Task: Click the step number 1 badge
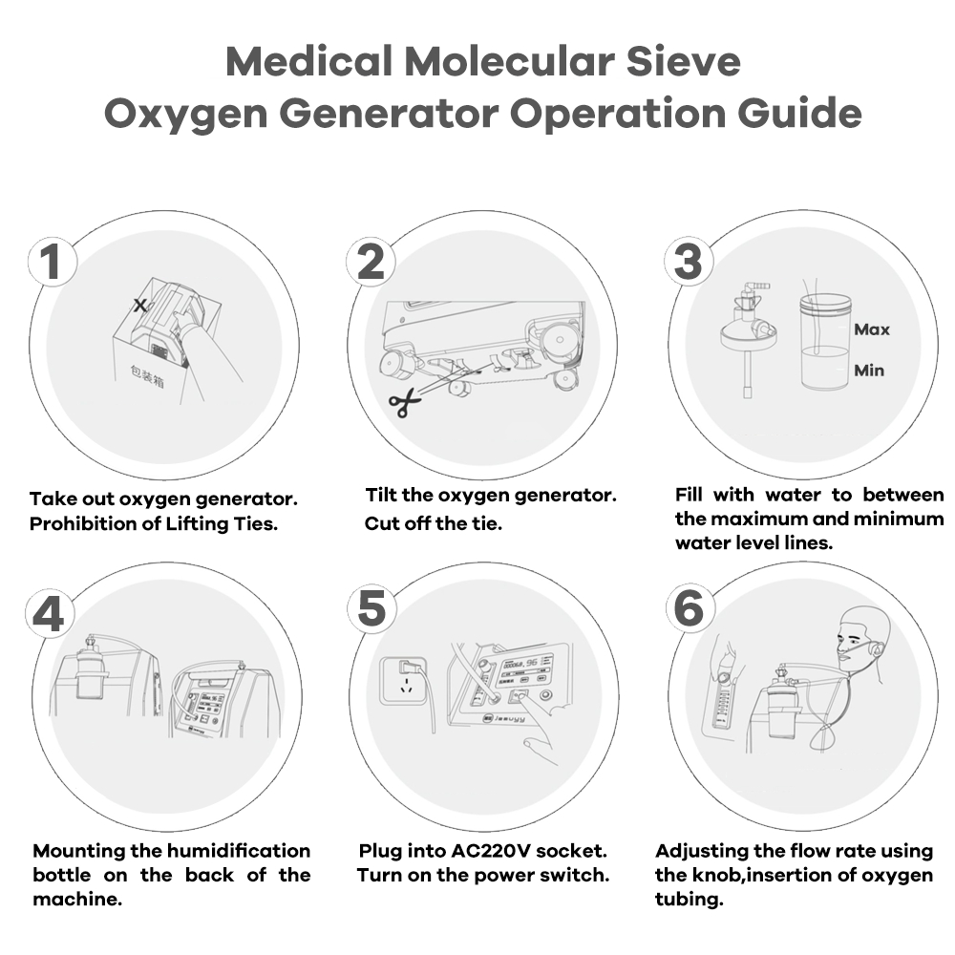point(52,262)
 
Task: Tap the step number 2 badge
point(371,262)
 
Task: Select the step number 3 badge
point(688,262)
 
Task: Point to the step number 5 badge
point(371,609)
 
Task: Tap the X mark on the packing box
point(140,306)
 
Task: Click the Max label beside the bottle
point(872,329)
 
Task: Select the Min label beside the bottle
point(869,371)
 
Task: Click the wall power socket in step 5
point(408,679)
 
